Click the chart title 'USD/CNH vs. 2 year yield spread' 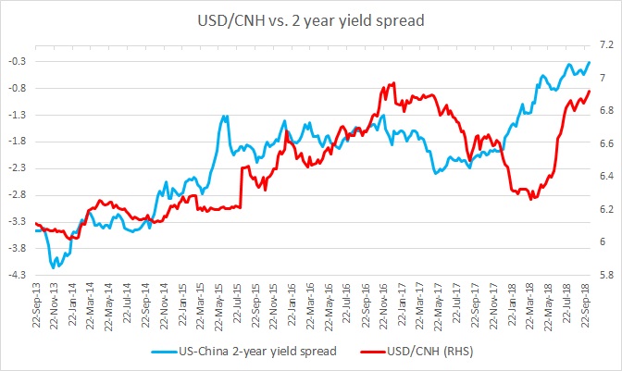(311, 19)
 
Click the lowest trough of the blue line (55, 266)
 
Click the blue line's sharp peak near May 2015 (225, 117)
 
